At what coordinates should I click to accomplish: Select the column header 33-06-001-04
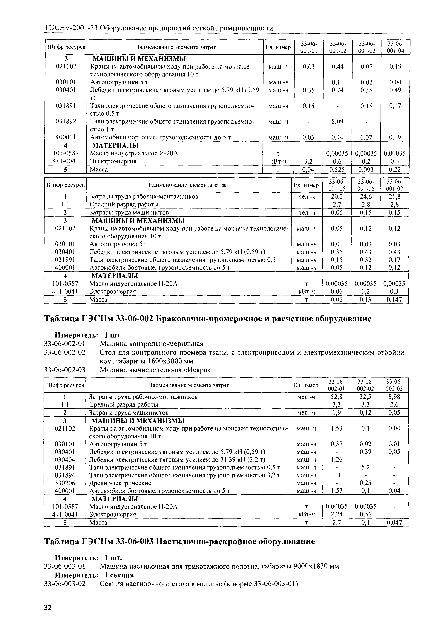[395, 47]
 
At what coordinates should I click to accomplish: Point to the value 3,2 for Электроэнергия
[308, 161]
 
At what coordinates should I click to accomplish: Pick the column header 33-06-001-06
[366, 185]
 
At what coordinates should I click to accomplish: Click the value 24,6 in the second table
[366, 197]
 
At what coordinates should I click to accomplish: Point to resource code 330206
[65, 483]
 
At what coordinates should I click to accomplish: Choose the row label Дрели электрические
[120, 483]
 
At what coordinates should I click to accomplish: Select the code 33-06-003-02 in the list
[65, 584]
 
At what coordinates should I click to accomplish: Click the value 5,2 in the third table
[366, 467]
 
